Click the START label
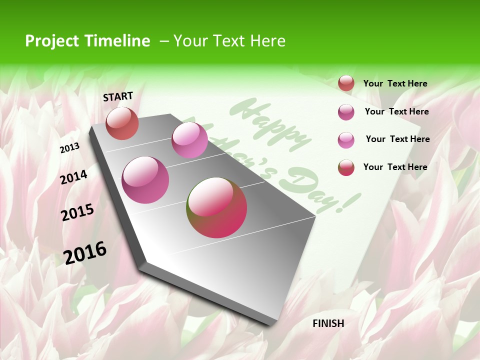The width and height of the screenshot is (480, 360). (x=118, y=96)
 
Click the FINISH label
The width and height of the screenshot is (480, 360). (x=328, y=323)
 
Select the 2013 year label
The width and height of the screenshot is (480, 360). (x=69, y=147)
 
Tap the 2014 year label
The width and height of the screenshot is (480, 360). (x=73, y=177)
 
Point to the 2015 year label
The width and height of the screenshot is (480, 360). (x=77, y=212)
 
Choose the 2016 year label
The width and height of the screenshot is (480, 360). (x=85, y=252)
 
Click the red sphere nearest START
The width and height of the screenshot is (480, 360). (x=122, y=123)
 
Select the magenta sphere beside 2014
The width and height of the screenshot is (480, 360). (x=145, y=179)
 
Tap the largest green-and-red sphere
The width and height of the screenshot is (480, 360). (x=216, y=207)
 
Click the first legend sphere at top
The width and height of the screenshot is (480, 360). (x=346, y=83)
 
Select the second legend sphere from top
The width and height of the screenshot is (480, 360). (x=346, y=112)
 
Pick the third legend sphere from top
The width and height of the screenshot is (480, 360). (x=346, y=140)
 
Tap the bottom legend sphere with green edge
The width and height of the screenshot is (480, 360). (x=346, y=167)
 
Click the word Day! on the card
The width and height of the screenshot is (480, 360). (x=325, y=192)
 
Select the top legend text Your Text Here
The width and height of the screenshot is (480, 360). (x=395, y=83)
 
